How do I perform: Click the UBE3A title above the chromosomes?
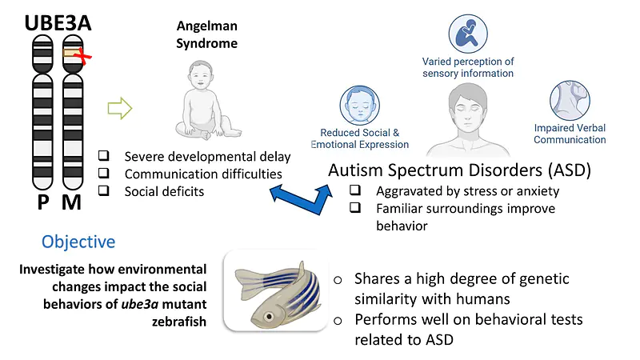pos(58,23)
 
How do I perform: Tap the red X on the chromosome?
pos(83,56)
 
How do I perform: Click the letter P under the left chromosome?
pos(43,202)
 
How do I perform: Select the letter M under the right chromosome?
pos(72,202)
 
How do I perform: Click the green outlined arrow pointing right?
pos(119,108)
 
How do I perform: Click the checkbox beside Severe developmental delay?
pos(104,155)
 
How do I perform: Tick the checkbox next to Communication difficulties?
pos(104,173)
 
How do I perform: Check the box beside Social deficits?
pos(104,190)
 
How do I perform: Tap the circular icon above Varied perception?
pos(468,34)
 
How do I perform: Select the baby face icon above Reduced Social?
pos(359,106)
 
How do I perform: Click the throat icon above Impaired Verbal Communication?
pos(570,101)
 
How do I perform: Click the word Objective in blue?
pos(78,242)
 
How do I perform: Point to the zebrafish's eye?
pos(269,316)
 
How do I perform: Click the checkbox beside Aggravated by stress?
pos(355,190)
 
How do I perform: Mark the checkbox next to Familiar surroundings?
pos(355,207)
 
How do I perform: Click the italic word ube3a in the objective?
pos(139,304)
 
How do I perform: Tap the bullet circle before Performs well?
pos(338,321)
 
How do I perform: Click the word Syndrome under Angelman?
pos(206,44)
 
